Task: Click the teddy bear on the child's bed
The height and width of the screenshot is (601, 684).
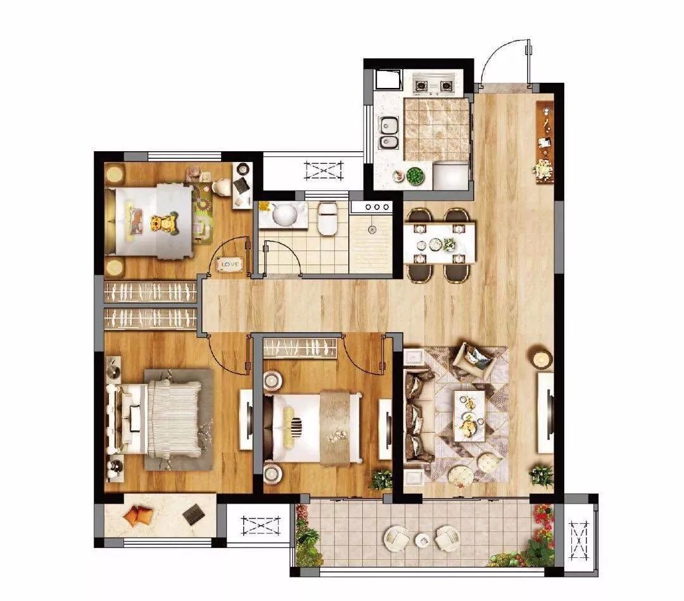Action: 165,223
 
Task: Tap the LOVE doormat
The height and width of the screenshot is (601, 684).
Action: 229,264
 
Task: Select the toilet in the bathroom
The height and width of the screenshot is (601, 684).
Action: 327,218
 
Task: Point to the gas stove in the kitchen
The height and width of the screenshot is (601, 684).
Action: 434,85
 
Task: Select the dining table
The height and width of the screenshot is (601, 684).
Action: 439,244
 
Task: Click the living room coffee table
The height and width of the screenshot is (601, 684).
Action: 469,415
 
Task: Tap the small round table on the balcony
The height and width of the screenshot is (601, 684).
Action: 422,540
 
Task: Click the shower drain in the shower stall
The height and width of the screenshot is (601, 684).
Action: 372,228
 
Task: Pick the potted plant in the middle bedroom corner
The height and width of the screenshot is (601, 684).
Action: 381,480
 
